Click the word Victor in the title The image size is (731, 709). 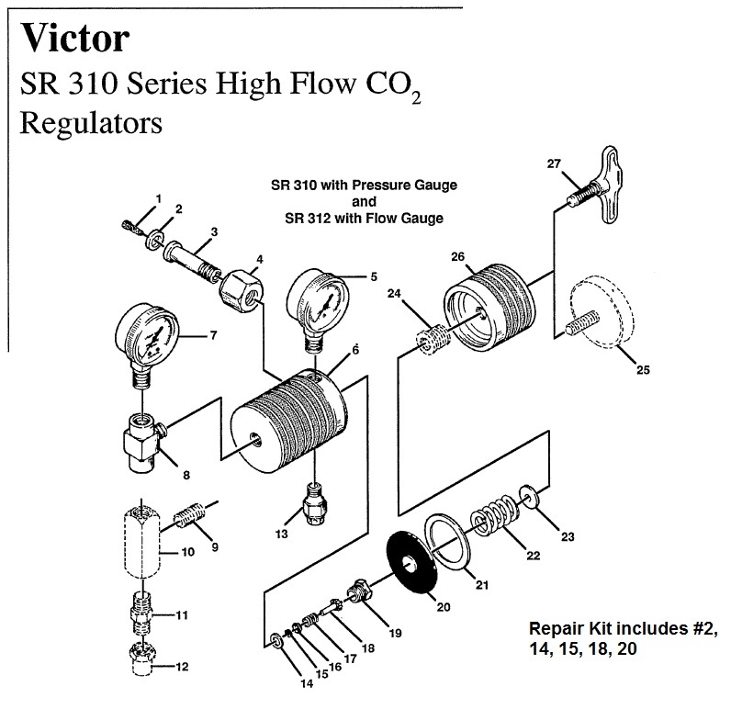click(76, 38)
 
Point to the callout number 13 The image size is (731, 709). click(283, 534)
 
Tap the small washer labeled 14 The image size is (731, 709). click(276, 640)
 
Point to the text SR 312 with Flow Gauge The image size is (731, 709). click(365, 218)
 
